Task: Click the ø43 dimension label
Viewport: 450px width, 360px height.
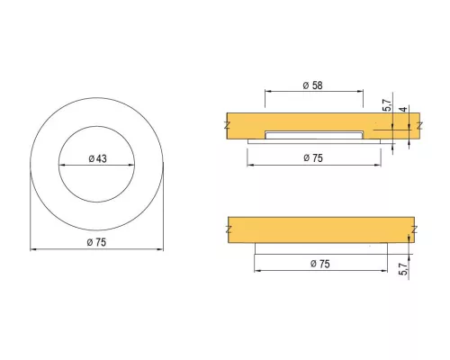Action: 98,158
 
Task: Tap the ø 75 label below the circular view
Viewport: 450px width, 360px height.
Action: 96,242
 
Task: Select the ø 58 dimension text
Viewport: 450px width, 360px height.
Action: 313,85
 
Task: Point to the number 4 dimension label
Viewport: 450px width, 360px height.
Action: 404,109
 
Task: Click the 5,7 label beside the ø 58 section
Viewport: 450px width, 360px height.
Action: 387,105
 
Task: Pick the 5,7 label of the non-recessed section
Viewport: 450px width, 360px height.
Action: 404,269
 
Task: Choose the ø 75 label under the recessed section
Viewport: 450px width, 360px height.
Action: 313,157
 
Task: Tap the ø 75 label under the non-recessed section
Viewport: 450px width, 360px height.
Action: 320,264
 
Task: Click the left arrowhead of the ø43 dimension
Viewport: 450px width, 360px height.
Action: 61,165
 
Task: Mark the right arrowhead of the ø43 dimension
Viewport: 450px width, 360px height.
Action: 131,165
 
